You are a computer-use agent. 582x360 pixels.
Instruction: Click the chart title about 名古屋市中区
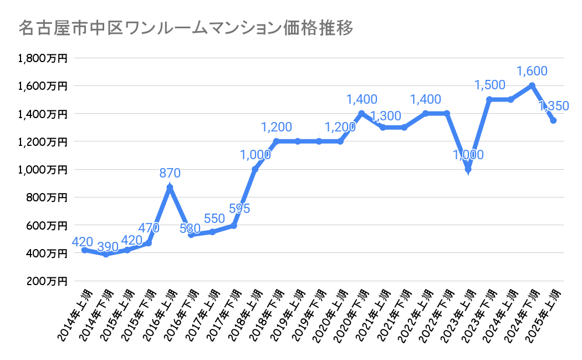click(x=185, y=28)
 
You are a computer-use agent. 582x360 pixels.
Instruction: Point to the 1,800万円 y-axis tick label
click(x=43, y=58)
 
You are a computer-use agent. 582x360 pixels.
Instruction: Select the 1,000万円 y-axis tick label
click(x=43, y=169)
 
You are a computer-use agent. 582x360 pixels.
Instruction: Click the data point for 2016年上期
click(x=170, y=187)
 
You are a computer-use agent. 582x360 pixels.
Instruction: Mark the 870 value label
click(x=170, y=173)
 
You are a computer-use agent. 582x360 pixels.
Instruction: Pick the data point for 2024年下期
click(x=532, y=85)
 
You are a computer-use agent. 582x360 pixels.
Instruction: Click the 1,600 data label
click(x=532, y=71)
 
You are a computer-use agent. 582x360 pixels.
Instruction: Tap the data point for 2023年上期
click(x=468, y=169)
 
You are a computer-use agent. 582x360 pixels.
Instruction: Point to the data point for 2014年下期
click(x=106, y=254)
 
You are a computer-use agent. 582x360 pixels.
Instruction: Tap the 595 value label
click(x=239, y=209)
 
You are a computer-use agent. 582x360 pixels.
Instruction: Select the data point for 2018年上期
click(x=255, y=169)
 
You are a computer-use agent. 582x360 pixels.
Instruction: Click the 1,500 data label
click(x=489, y=85)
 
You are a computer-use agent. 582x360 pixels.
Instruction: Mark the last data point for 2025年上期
click(x=553, y=120)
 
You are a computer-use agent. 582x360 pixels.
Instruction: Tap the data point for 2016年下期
click(x=191, y=235)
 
